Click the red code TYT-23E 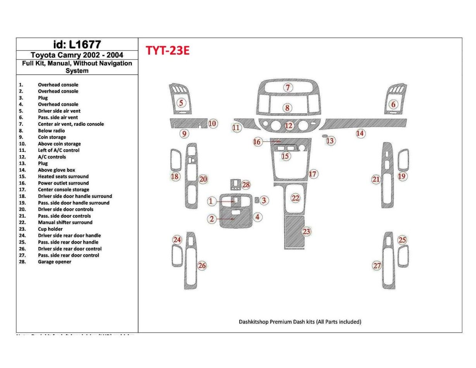[x=167, y=50]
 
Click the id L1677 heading [x=77, y=44]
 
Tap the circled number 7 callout [x=288, y=88]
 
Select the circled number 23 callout [x=307, y=232]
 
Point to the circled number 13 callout [x=330, y=141]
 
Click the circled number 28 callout [x=246, y=185]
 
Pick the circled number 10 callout [x=212, y=124]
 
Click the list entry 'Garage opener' [x=54, y=262]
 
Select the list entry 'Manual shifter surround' [x=65, y=222]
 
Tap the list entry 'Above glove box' [x=56, y=170]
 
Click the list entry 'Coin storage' [x=52, y=137]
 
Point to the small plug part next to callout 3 [x=257, y=199]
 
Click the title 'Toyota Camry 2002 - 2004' [x=77, y=55]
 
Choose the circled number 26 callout [x=202, y=265]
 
